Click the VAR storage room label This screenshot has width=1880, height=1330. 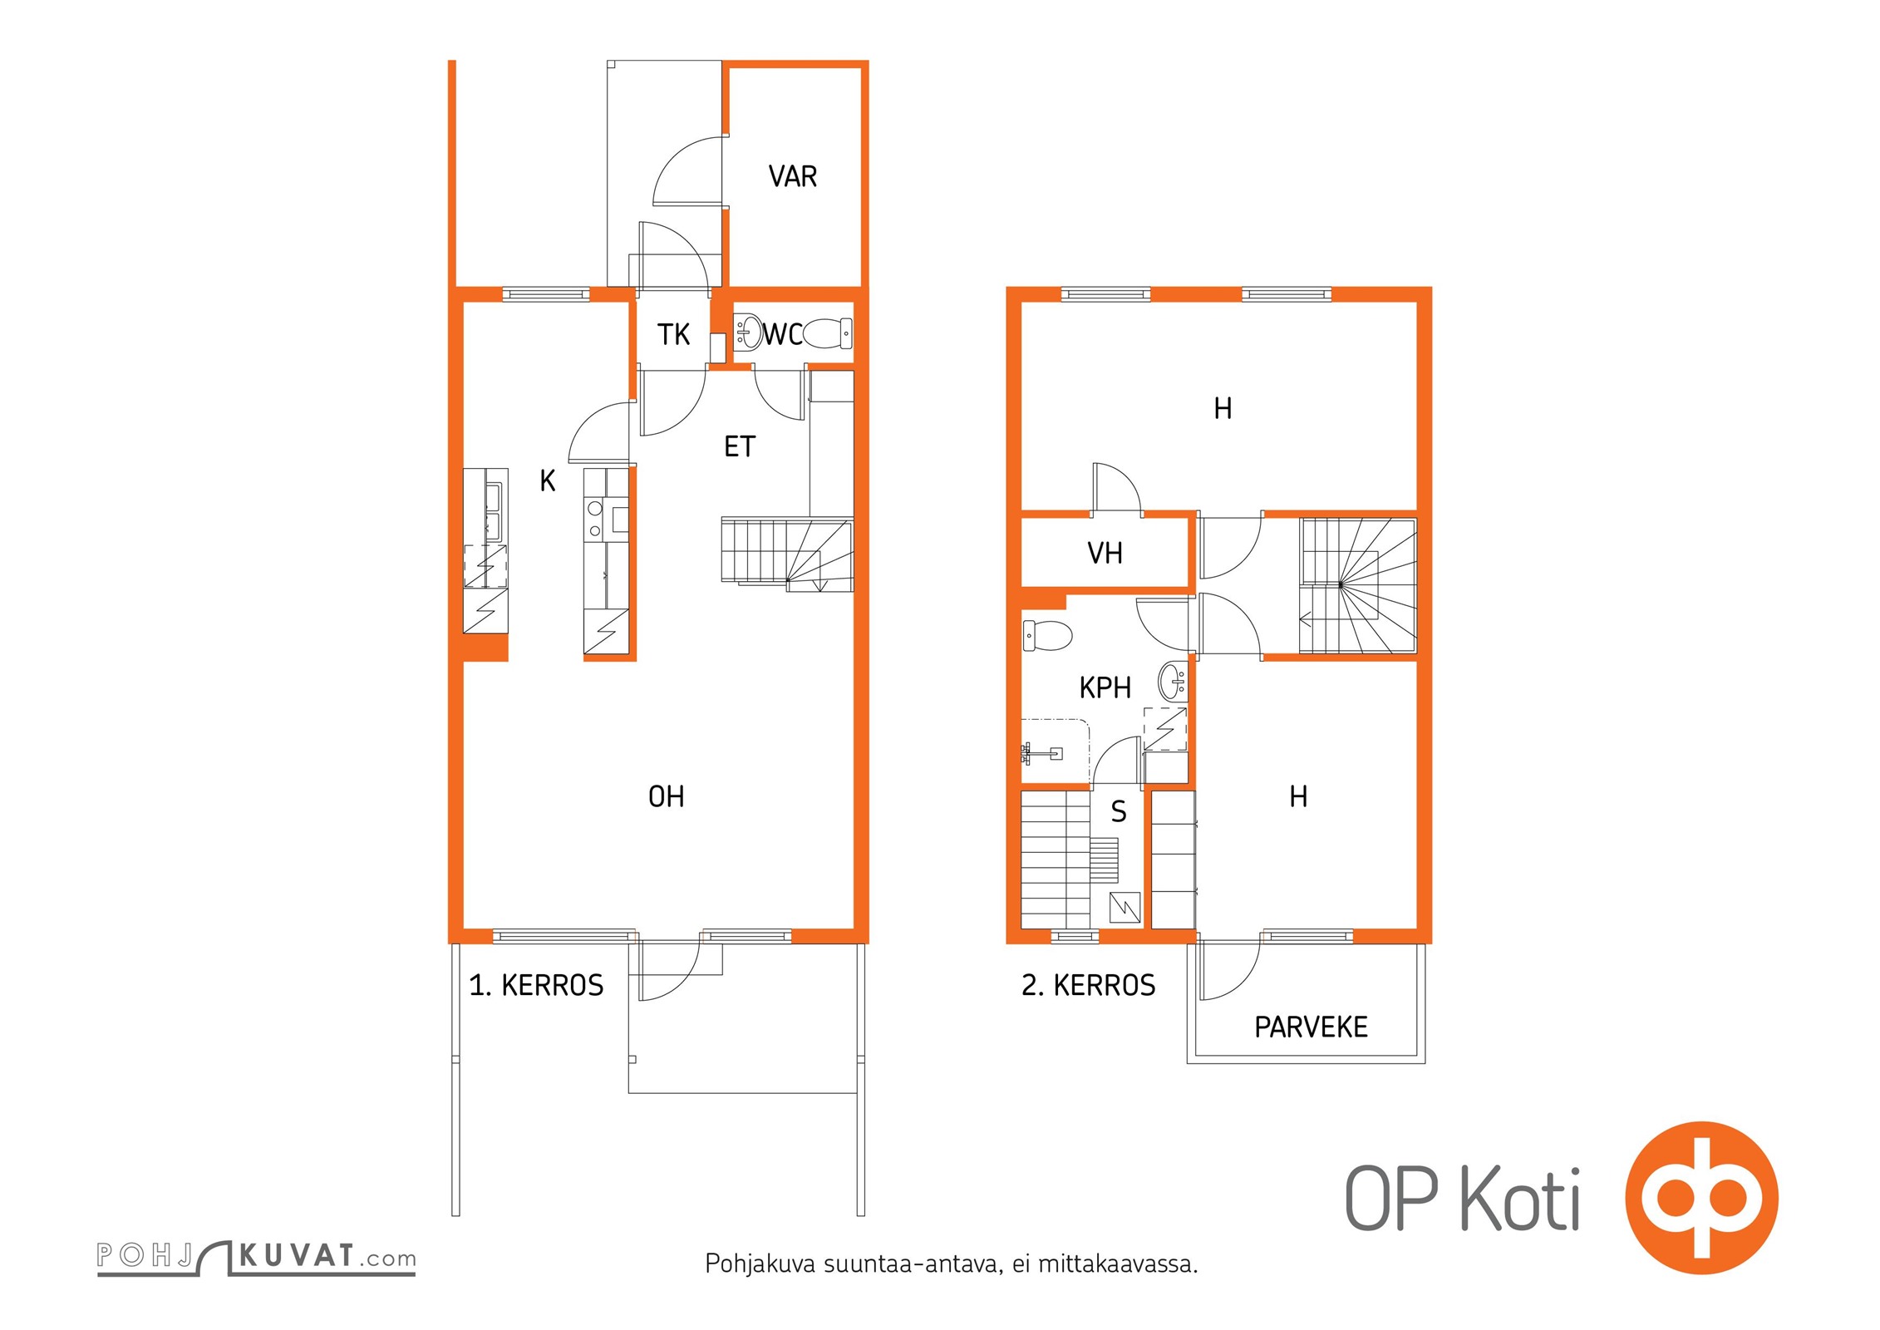pyautogui.click(x=792, y=176)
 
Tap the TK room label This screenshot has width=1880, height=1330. pyautogui.click(x=673, y=334)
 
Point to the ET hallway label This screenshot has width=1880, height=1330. pyautogui.click(x=739, y=446)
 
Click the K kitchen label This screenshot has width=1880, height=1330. pyautogui.click(x=547, y=480)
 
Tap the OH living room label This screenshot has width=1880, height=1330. pyautogui.click(x=666, y=796)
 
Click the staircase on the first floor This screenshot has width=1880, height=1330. pyautogui.click(x=786, y=554)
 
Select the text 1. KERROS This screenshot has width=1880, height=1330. pyautogui.click(x=536, y=985)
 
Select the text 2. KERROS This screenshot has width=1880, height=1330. pyautogui.click(x=1088, y=985)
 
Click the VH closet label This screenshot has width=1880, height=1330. pyautogui.click(x=1105, y=553)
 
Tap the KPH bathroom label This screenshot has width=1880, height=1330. pyautogui.click(x=1105, y=687)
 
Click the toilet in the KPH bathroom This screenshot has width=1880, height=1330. pyautogui.click(x=1046, y=635)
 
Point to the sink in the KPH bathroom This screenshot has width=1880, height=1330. pyautogui.click(x=1173, y=682)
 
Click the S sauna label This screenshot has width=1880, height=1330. pyautogui.click(x=1119, y=811)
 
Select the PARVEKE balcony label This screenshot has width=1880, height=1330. pyautogui.click(x=1311, y=1027)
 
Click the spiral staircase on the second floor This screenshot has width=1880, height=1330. pyautogui.click(x=1358, y=586)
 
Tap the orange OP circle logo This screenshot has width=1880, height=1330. pyautogui.click(x=1701, y=1198)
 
